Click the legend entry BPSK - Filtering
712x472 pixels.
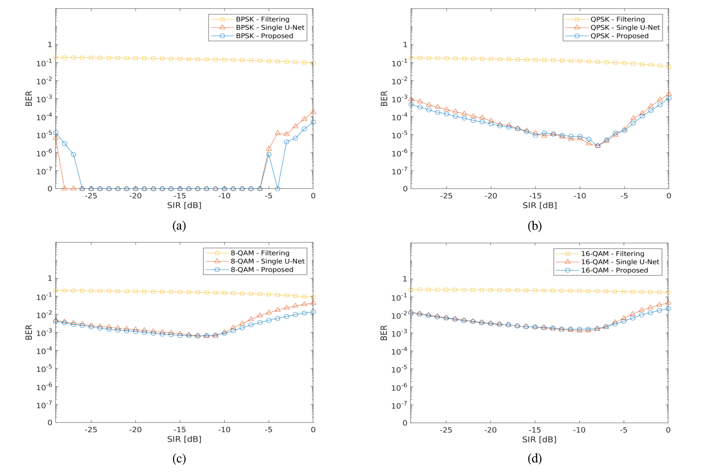click(262, 19)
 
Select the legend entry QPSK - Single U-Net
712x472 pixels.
click(625, 27)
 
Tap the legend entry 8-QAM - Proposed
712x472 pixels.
click(262, 270)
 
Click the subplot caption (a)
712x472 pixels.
click(179, 226)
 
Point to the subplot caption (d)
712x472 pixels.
click(535, 458)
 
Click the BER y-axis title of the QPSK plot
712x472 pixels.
click(384, 98)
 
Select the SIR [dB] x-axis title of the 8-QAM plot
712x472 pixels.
click(184, 439)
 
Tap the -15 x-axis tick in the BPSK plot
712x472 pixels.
click(180, 196)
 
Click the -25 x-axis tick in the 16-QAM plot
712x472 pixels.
click(446, 430)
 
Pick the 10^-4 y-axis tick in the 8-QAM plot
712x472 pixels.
click(44, 351)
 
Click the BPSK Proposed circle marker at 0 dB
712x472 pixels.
click(313, 122)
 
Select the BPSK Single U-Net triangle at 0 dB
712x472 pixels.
click(313, 111)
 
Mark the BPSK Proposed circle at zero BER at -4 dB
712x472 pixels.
click(277, 189)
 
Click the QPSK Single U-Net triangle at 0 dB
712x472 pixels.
click(669, 93)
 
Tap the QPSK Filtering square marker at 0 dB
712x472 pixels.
click(669, 67)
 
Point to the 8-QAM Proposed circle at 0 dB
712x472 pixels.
click(313, 312)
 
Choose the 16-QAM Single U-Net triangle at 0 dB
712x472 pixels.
click(668, 303)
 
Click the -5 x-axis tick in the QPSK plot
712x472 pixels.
click(624, 196)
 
